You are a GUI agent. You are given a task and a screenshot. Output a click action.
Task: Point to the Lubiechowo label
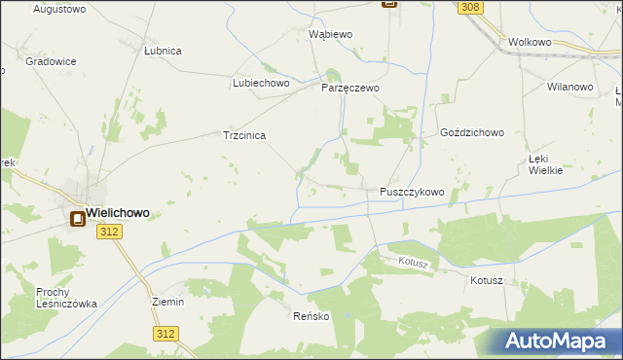[x=262, y=84]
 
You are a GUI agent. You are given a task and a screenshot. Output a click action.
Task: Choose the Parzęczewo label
[x=350, y=88]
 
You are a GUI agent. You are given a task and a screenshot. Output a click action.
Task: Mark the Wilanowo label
[x=570, y=87]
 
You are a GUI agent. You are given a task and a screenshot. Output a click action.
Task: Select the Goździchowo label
[x=472, y=132]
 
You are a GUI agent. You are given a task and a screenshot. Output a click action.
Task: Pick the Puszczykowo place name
[x=412, y=193]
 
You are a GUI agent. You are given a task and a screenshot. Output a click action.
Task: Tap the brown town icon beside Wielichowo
[x=75, y=220]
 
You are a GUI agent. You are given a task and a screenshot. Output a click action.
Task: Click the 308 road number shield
[x=471, y=8]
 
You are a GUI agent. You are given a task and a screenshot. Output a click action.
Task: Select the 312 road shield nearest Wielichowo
[x=109, y=231]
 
